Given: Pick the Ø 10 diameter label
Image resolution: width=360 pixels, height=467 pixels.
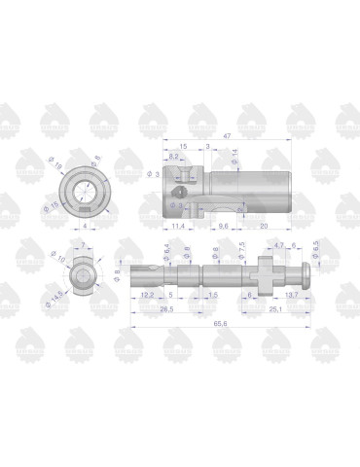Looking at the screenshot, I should coord(61,260).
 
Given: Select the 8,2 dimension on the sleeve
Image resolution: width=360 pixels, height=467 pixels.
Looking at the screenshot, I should coord(173,156).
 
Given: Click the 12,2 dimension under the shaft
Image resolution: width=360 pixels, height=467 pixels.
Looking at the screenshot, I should coord(147,293).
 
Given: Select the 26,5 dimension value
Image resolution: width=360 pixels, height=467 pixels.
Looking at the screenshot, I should coord(166,309).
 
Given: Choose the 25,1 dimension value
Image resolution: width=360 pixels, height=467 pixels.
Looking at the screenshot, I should coord(275,309).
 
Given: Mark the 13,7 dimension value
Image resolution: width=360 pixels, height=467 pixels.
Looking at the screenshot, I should coord(290,293).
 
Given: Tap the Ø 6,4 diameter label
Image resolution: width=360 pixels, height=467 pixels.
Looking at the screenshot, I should coord(167,252).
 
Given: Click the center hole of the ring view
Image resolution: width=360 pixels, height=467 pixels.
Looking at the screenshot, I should coord(88,187).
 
